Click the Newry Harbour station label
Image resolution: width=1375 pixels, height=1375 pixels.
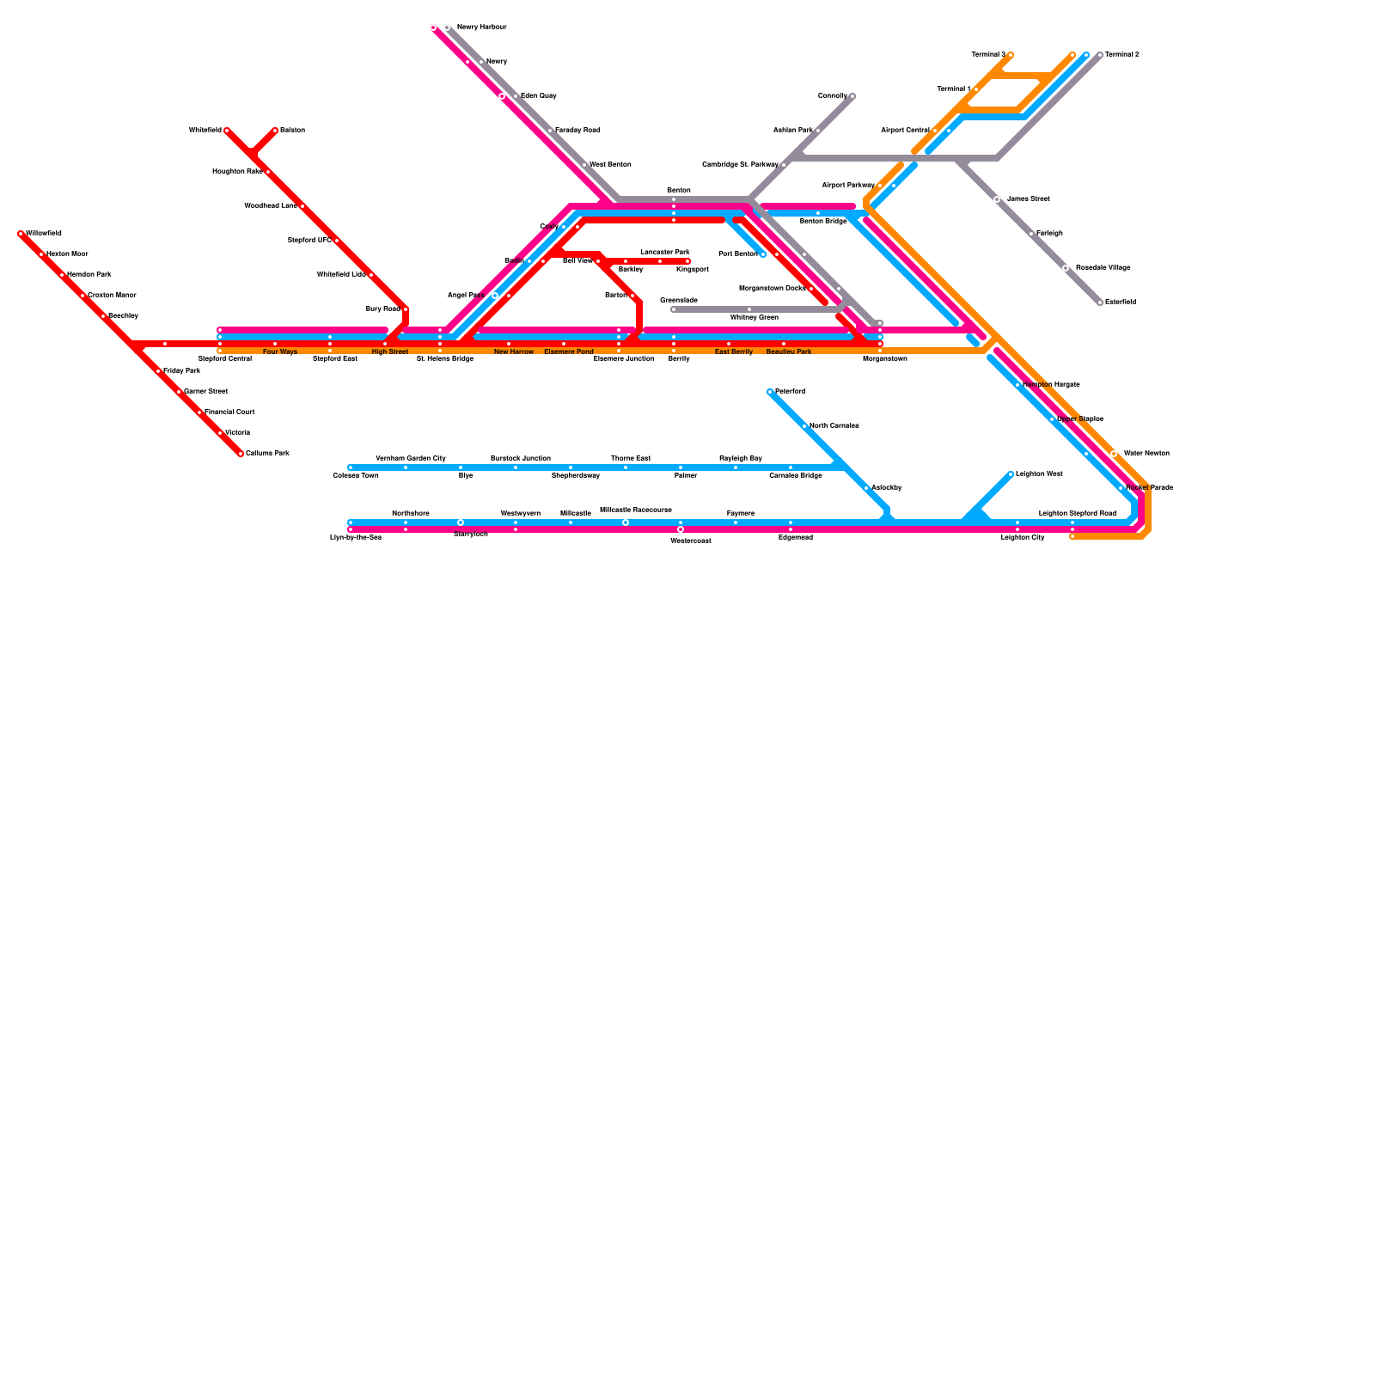click(481, 27)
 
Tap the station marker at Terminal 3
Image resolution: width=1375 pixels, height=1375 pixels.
click(1011, 55)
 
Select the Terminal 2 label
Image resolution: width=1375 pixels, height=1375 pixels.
click(1121, 55)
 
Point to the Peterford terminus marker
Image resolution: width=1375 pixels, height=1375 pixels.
click(770, 392)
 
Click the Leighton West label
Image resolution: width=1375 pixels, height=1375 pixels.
click(1039, 474)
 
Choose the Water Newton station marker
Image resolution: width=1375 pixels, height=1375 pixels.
click(1114, 454)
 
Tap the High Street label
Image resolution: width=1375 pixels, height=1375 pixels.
click(390, 352)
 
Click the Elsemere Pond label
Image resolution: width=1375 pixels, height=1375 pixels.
click(568, 352)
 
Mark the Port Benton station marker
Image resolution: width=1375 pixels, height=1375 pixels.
click(763, 254)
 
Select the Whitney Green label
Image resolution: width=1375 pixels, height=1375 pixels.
click(754, 318)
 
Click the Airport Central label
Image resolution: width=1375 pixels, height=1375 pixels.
click(905, 131)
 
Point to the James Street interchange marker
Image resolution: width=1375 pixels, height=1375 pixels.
click(997, 199)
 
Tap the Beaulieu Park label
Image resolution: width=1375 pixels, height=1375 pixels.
click(788, 352)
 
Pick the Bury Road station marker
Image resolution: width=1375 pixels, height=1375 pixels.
click(406, 309)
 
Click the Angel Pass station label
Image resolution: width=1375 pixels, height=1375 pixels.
click(466, 296)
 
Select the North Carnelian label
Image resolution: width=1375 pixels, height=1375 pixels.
click(834, 426)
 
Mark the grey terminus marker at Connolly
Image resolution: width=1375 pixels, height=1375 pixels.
click(852, 96)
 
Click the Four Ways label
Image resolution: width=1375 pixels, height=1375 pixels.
click(279, 352)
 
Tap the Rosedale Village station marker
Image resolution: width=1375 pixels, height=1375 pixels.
click(1066, 268)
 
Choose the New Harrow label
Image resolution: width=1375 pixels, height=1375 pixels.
click(513, 352)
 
